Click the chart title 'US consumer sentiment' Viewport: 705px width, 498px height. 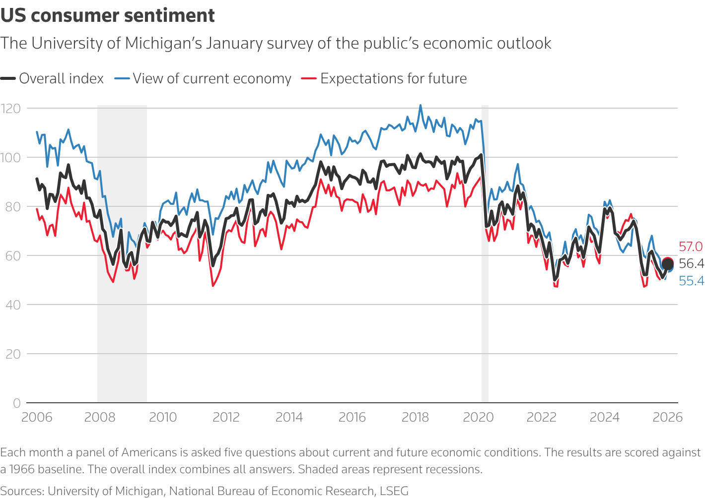[x=108, y=16]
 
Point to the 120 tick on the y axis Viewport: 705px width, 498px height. [x=10, y=108]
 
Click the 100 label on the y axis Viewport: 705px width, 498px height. [x=10, y=157]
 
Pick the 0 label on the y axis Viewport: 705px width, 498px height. [x=17, y=403]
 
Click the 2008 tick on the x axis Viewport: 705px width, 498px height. [x=100, y=417]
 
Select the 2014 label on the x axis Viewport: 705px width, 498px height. [x=289, y=417]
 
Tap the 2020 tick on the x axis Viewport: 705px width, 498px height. [x=478, y=417]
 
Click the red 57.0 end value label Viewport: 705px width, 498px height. [x=691, y=247]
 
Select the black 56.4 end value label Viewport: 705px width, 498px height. [x=691, y=263]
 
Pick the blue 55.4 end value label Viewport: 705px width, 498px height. [x=691, y=281]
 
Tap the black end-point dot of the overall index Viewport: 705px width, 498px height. [x=668, y=264]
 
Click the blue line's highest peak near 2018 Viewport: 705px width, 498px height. [x=421, y=105]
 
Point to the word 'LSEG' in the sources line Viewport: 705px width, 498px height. [x=394, y=491]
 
